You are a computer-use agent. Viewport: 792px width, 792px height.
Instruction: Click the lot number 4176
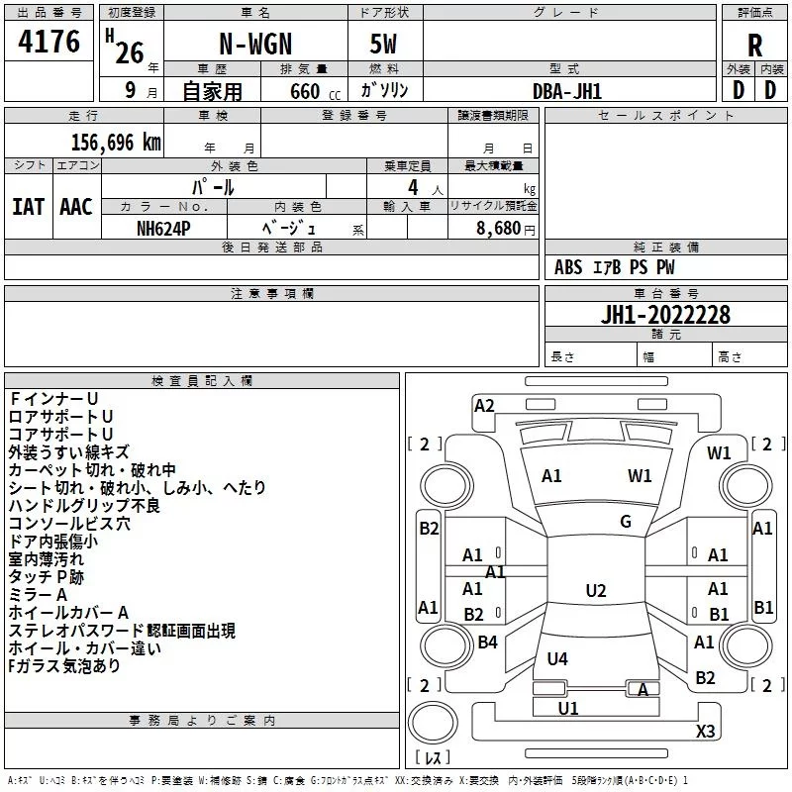(x=49, y=42)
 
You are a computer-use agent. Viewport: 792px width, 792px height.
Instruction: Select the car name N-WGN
(x=255, y=44)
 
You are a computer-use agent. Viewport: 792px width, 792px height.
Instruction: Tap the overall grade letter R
(x=754, y=46)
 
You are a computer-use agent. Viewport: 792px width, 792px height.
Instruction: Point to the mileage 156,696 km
(x=116, y=143)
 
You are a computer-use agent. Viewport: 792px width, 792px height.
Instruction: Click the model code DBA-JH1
(x=567, y=91)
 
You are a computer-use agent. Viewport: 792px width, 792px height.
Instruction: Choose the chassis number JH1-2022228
(x=665, y=315)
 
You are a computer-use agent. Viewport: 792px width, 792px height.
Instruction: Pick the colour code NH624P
(x=163, y=229)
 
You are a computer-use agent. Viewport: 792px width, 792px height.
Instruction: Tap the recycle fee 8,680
(x=498, y=229)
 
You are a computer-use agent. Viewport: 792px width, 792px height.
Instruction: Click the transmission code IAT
(x=28, y=207)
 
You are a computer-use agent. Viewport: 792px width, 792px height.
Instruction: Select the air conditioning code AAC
(x=76, y=207)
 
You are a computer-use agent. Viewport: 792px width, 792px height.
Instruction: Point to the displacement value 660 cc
(x=315, y=91)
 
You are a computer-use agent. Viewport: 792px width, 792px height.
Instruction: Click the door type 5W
(x=383, y=44)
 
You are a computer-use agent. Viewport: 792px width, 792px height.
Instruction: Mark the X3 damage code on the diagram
(x=705, y=731)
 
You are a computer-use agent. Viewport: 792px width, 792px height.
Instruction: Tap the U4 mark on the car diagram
(x=557, y=658)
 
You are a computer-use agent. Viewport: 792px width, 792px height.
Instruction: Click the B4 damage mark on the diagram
(x=487, y=642)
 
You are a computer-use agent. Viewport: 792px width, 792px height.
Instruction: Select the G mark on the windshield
(x=626, y=522)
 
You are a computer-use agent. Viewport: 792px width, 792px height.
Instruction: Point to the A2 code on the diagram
(x=484, y=406)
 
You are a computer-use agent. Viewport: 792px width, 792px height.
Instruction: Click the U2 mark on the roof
(x=596, y=590)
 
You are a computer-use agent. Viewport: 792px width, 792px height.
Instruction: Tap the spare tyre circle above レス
(x=433, y=723)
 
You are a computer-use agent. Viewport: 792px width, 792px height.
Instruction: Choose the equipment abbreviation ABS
(x=568, y=267)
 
